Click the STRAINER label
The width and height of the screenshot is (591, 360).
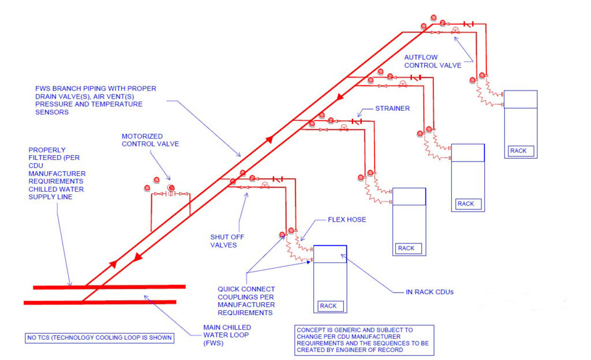pos(392,108)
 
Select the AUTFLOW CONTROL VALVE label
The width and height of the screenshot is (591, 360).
pos(432,61)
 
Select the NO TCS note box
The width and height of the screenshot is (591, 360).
pos(99,337)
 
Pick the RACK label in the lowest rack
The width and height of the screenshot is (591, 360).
pos(330,306)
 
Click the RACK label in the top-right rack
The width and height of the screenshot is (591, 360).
pos(521,151)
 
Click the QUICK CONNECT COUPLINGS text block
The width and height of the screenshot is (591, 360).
pos(246,301)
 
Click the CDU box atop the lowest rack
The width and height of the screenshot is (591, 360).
pos(330,254)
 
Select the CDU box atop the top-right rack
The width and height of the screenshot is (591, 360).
pos(521,99)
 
